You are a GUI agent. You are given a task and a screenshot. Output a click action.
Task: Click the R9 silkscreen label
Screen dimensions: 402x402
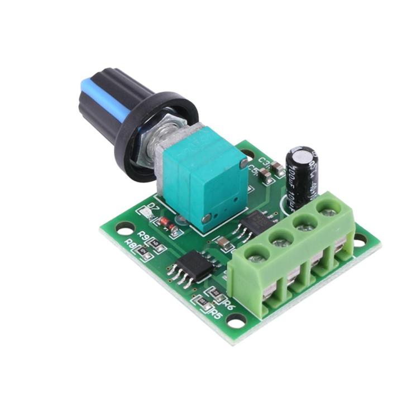coord(143,235)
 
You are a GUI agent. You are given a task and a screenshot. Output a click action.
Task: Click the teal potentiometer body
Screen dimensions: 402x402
coord(207,179)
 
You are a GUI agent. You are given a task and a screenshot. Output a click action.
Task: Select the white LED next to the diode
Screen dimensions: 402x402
coord(146,212)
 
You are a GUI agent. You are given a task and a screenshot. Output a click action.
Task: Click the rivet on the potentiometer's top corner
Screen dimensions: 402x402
coord(243,163)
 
